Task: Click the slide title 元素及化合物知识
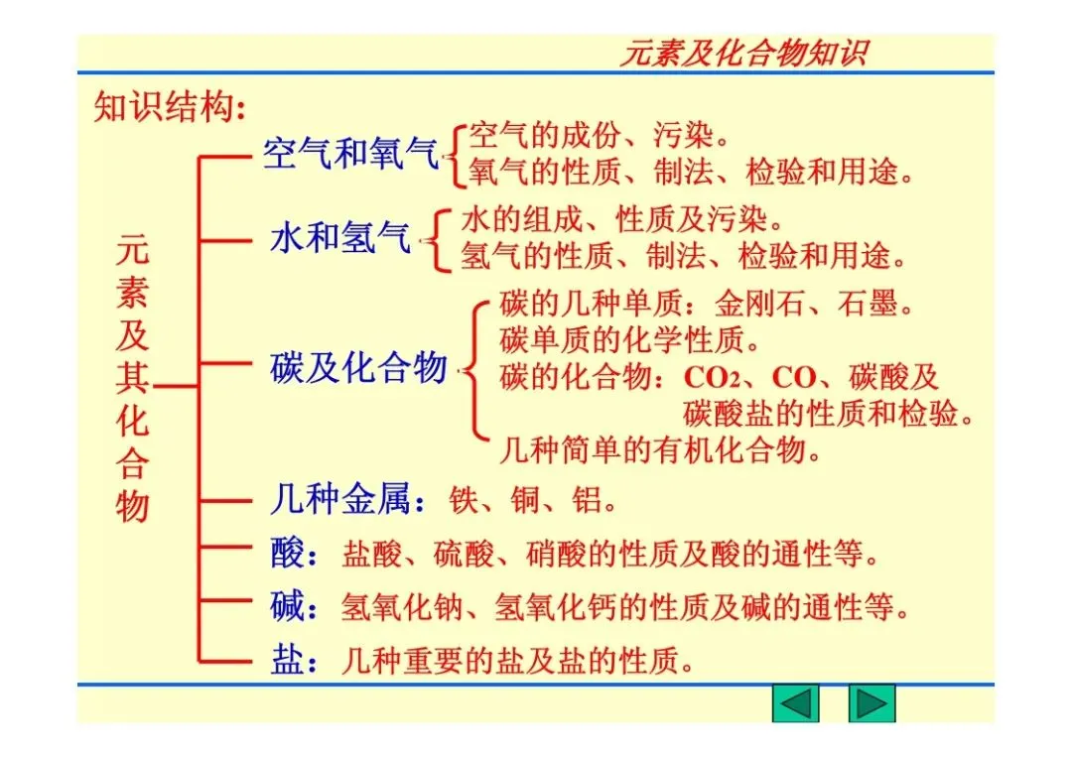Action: coord(743,53)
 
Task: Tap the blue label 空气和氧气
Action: coord(349,153)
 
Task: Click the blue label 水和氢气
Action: coord(340,238)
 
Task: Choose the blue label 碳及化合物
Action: coord(358,368)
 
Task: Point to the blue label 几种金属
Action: coord(339,499)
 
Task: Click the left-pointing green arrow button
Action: coord(795,703)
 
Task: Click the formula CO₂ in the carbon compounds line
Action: coord(714,378)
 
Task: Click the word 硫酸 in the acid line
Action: coord(464,554)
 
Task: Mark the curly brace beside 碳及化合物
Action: coord(474,368)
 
